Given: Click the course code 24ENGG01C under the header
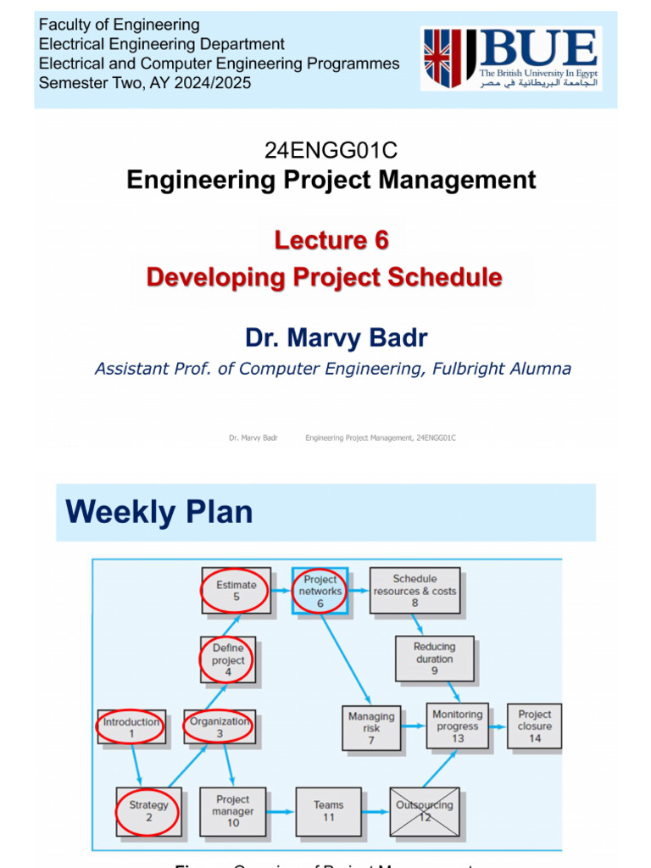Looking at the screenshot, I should tap(331, 151).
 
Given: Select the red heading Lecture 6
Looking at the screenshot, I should tap(331, 241).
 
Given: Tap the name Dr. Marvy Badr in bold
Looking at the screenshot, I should tap(337, 338).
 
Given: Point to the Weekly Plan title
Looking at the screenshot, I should tap(159, 512).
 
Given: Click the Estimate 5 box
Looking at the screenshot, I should tap(236, 591).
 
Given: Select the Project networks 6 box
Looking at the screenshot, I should tap(320, 591).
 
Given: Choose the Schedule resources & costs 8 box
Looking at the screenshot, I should tap(415, 591).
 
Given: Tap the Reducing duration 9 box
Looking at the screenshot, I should tap(434, 659).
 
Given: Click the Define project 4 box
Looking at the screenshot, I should tap(228, 660).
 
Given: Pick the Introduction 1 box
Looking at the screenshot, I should tap(131, 727).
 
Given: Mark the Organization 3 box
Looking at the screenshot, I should tap(220, 727).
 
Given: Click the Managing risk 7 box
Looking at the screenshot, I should tap(371, 727).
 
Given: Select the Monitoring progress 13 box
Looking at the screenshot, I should tap(458, 726).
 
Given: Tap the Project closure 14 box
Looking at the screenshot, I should tap(534, 726).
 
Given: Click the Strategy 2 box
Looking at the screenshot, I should tap(148, 811).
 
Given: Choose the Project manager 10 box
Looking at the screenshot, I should tap(233, 811).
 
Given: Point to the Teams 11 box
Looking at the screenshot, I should tap(328, 811).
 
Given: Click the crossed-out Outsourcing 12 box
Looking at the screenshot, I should tap(425, 811).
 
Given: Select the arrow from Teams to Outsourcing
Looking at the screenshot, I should tap(375, 811).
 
